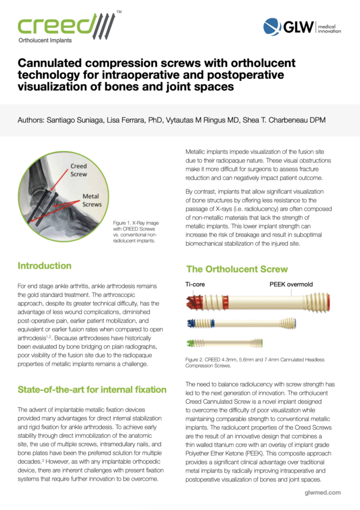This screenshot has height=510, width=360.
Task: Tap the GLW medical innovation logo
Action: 302,26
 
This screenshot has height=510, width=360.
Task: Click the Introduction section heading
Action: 44,265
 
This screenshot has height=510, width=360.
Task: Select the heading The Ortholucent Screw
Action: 237,269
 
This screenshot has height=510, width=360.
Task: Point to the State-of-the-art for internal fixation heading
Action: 92,389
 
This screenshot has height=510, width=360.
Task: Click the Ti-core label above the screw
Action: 196,285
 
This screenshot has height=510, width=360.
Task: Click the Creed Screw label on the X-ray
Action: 78,169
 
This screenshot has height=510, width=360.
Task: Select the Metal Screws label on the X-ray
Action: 92,201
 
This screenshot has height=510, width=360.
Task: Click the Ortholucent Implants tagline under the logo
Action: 45,40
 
